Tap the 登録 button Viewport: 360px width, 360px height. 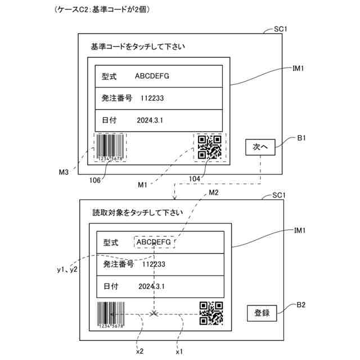(x=262, y=313)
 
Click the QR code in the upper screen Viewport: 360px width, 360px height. (x=209, y=147)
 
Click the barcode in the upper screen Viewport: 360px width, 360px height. (x=110, y=147)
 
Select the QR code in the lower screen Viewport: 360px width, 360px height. (x=211, y=313)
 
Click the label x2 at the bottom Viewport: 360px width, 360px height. (x=140, y=352)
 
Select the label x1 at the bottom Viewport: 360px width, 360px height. (x=179, y=352)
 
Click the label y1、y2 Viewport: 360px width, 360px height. (x=67, y=270)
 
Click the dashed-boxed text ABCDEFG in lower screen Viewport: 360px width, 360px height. (x=154, y=242)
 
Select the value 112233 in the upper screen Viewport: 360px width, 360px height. (x=152, y=98)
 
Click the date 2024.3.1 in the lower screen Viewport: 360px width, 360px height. (x=151, y=287)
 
